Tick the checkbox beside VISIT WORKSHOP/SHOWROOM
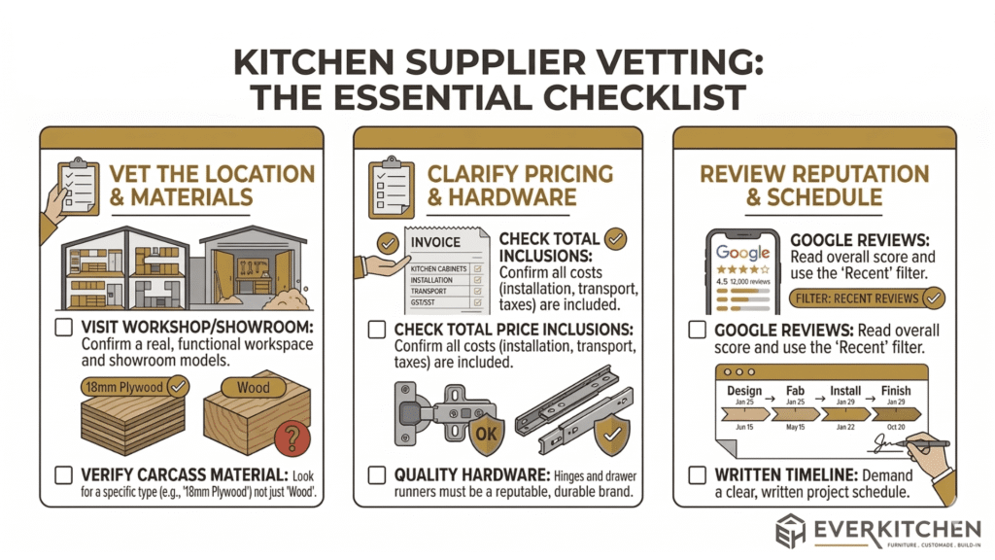[63, 329]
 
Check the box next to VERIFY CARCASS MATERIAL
[63, 475]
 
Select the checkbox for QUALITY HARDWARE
[377, 475]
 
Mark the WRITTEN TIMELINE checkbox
[696, 475]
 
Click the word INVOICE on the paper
[436, 242]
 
